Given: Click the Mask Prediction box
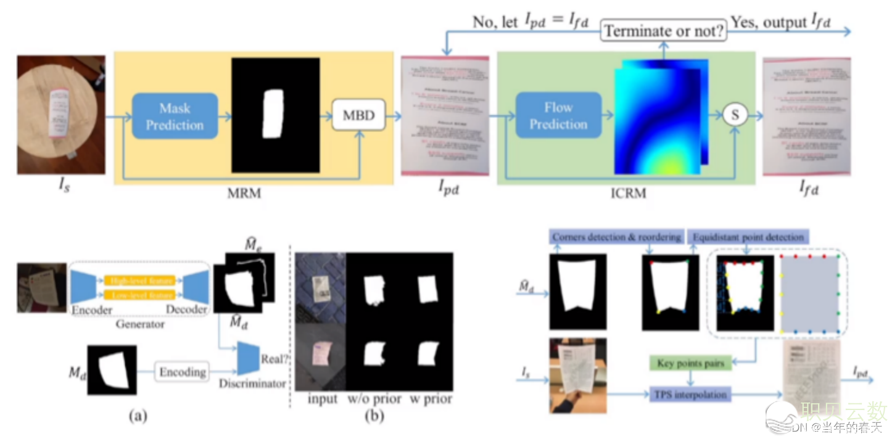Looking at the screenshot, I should pyautogui.click(x=175, y=116).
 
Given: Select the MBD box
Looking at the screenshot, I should pyautogui.click(x=358, y=115).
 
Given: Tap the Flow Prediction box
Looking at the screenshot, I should pyautogui.click(x=558, y=115).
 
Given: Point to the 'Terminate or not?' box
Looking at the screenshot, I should pyautogui.click(x=663, y=31).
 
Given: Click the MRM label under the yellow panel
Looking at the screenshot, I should pyautogui.click(x=244, y=194).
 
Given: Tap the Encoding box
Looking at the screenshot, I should pyautogui.click(x=182, y=372).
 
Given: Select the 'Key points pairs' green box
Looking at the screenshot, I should pyautogui.click(x=690, y=363).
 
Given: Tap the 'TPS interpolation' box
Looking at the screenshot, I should pyautogui.click(x=690, y=393).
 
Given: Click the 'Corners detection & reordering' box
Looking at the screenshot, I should pyautogui.click(x=616, y=237).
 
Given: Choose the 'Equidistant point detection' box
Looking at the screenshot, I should pyautogui.click(x=748, y=237).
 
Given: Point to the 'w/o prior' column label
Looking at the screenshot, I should pyautogui.click(x=374, y=399).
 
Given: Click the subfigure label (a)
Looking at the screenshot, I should pyautogui.click(x=138, y=416).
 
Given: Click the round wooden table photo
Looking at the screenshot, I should pyautogui.click(x=60, y=115).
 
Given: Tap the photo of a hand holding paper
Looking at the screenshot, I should pyautogui.click(x=578, y=375).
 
